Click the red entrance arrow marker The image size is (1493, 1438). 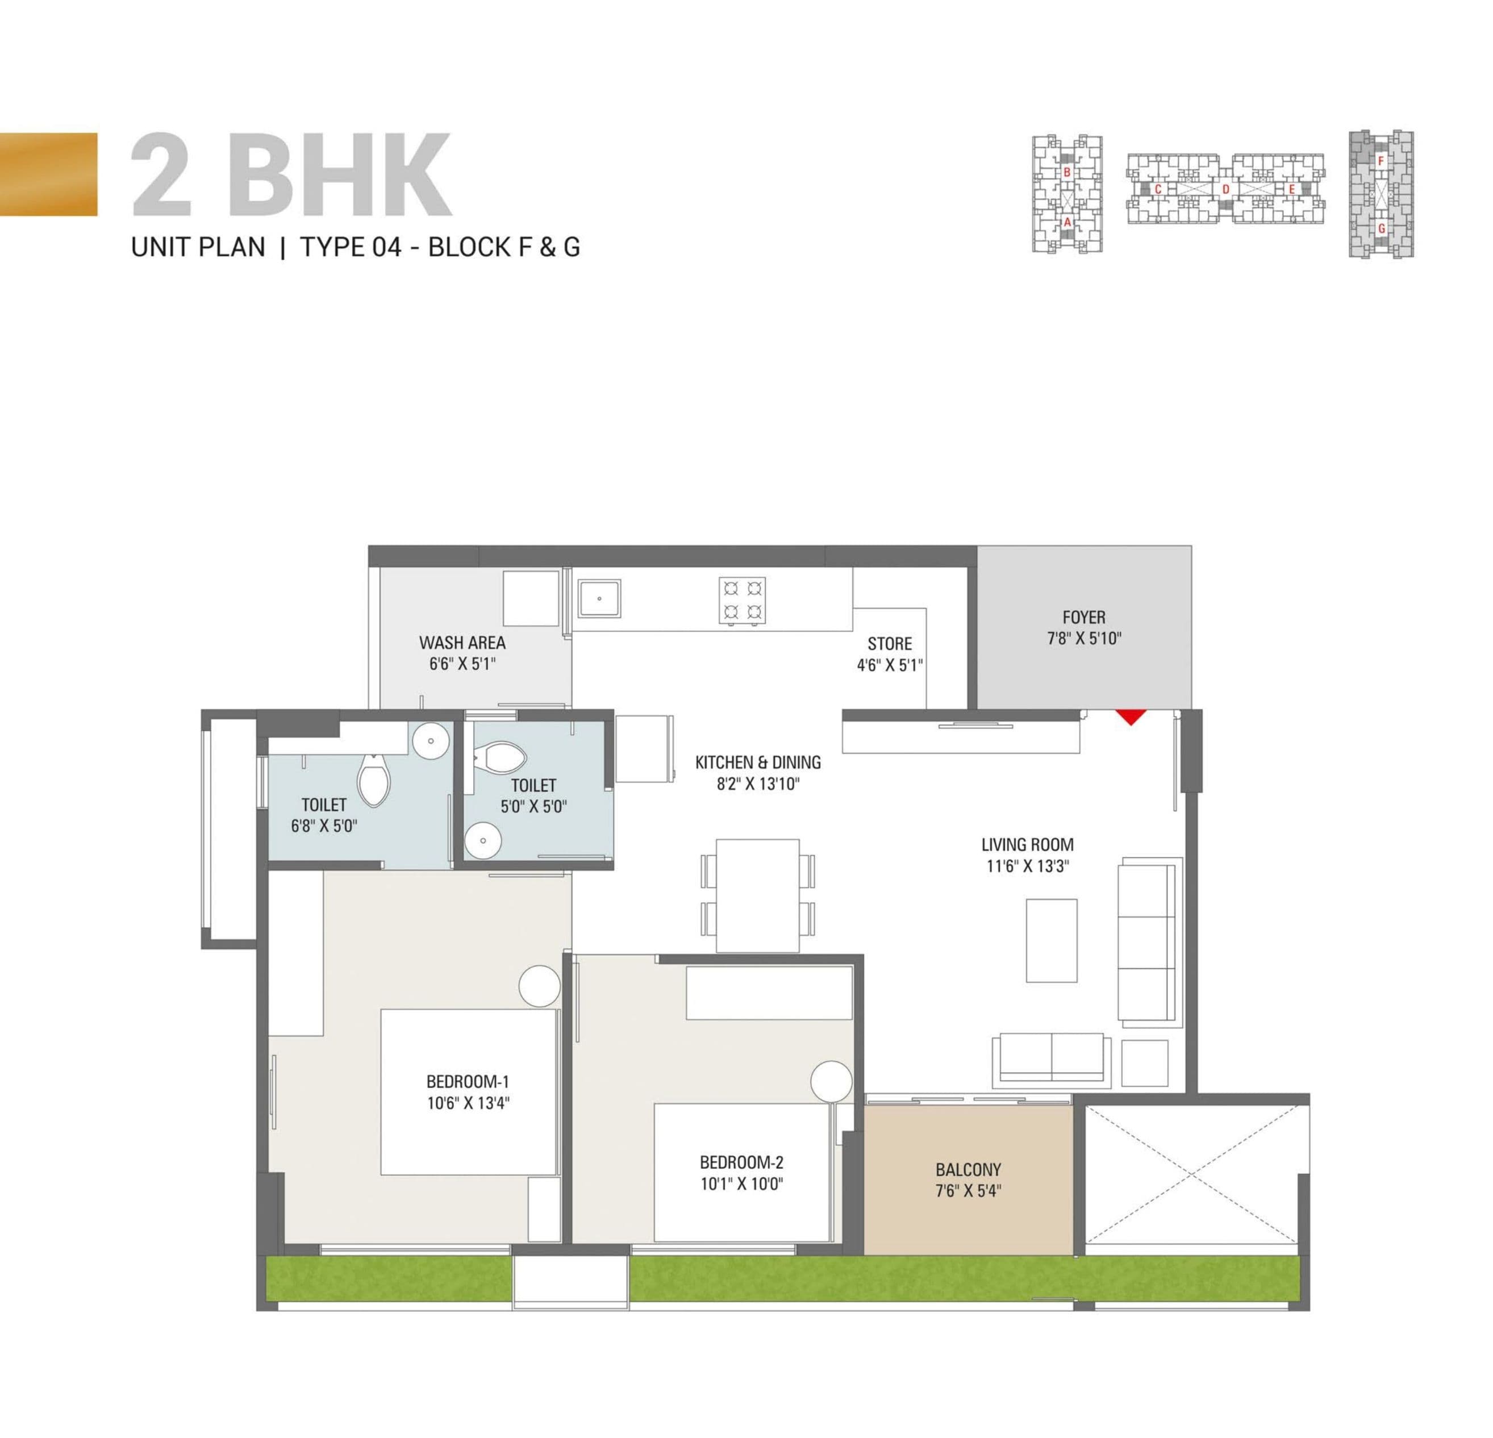click(1131, 716)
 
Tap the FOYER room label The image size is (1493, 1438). click(1083, 617)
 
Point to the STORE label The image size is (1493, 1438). click(889, 644)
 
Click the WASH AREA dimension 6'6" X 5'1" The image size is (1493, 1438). click(462, 664)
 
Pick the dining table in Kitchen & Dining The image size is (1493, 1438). click(757, 894)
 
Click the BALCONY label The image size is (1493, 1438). click(968, 1170)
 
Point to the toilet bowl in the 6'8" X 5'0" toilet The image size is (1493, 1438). click(373, 781)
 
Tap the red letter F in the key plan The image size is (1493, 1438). click(1381, 161)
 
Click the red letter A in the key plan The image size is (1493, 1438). click(1067, 222)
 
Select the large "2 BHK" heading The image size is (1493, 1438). click(292, 175)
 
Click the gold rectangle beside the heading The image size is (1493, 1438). click(49, 174)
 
